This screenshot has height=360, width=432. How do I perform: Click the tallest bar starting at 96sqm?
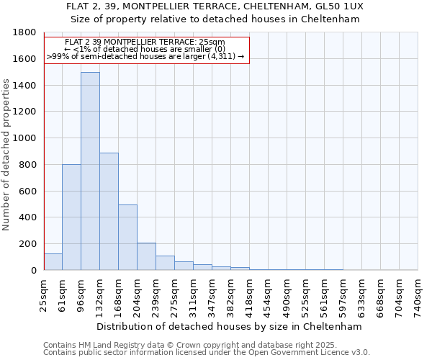(90, 171)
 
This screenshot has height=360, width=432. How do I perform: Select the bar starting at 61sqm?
(71, 217)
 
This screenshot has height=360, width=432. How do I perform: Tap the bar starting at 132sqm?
(109, 212)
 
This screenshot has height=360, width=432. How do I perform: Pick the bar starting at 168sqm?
(127, 238)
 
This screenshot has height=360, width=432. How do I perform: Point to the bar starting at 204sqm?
(146, 256)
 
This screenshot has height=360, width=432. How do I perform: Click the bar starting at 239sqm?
(165, 263)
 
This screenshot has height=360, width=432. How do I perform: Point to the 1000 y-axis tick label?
(25, 138)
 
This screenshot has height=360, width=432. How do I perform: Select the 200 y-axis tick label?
(27, 244)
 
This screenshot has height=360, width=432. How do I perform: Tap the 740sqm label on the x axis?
(418, 295)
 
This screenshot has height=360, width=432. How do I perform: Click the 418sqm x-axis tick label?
(250, 295)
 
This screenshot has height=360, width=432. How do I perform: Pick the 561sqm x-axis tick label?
(325, 295)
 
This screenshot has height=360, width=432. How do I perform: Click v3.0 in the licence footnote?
(359, 352)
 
